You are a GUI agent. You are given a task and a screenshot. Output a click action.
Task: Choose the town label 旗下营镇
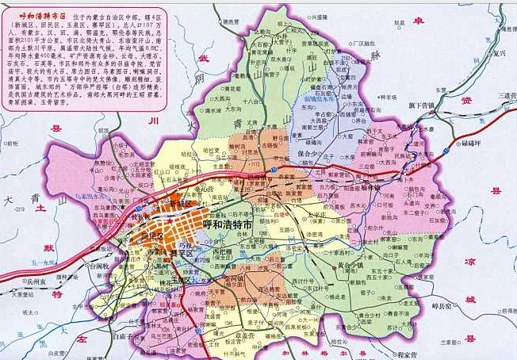(420, 105)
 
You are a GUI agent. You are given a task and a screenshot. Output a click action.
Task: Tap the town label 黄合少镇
(357, 266)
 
